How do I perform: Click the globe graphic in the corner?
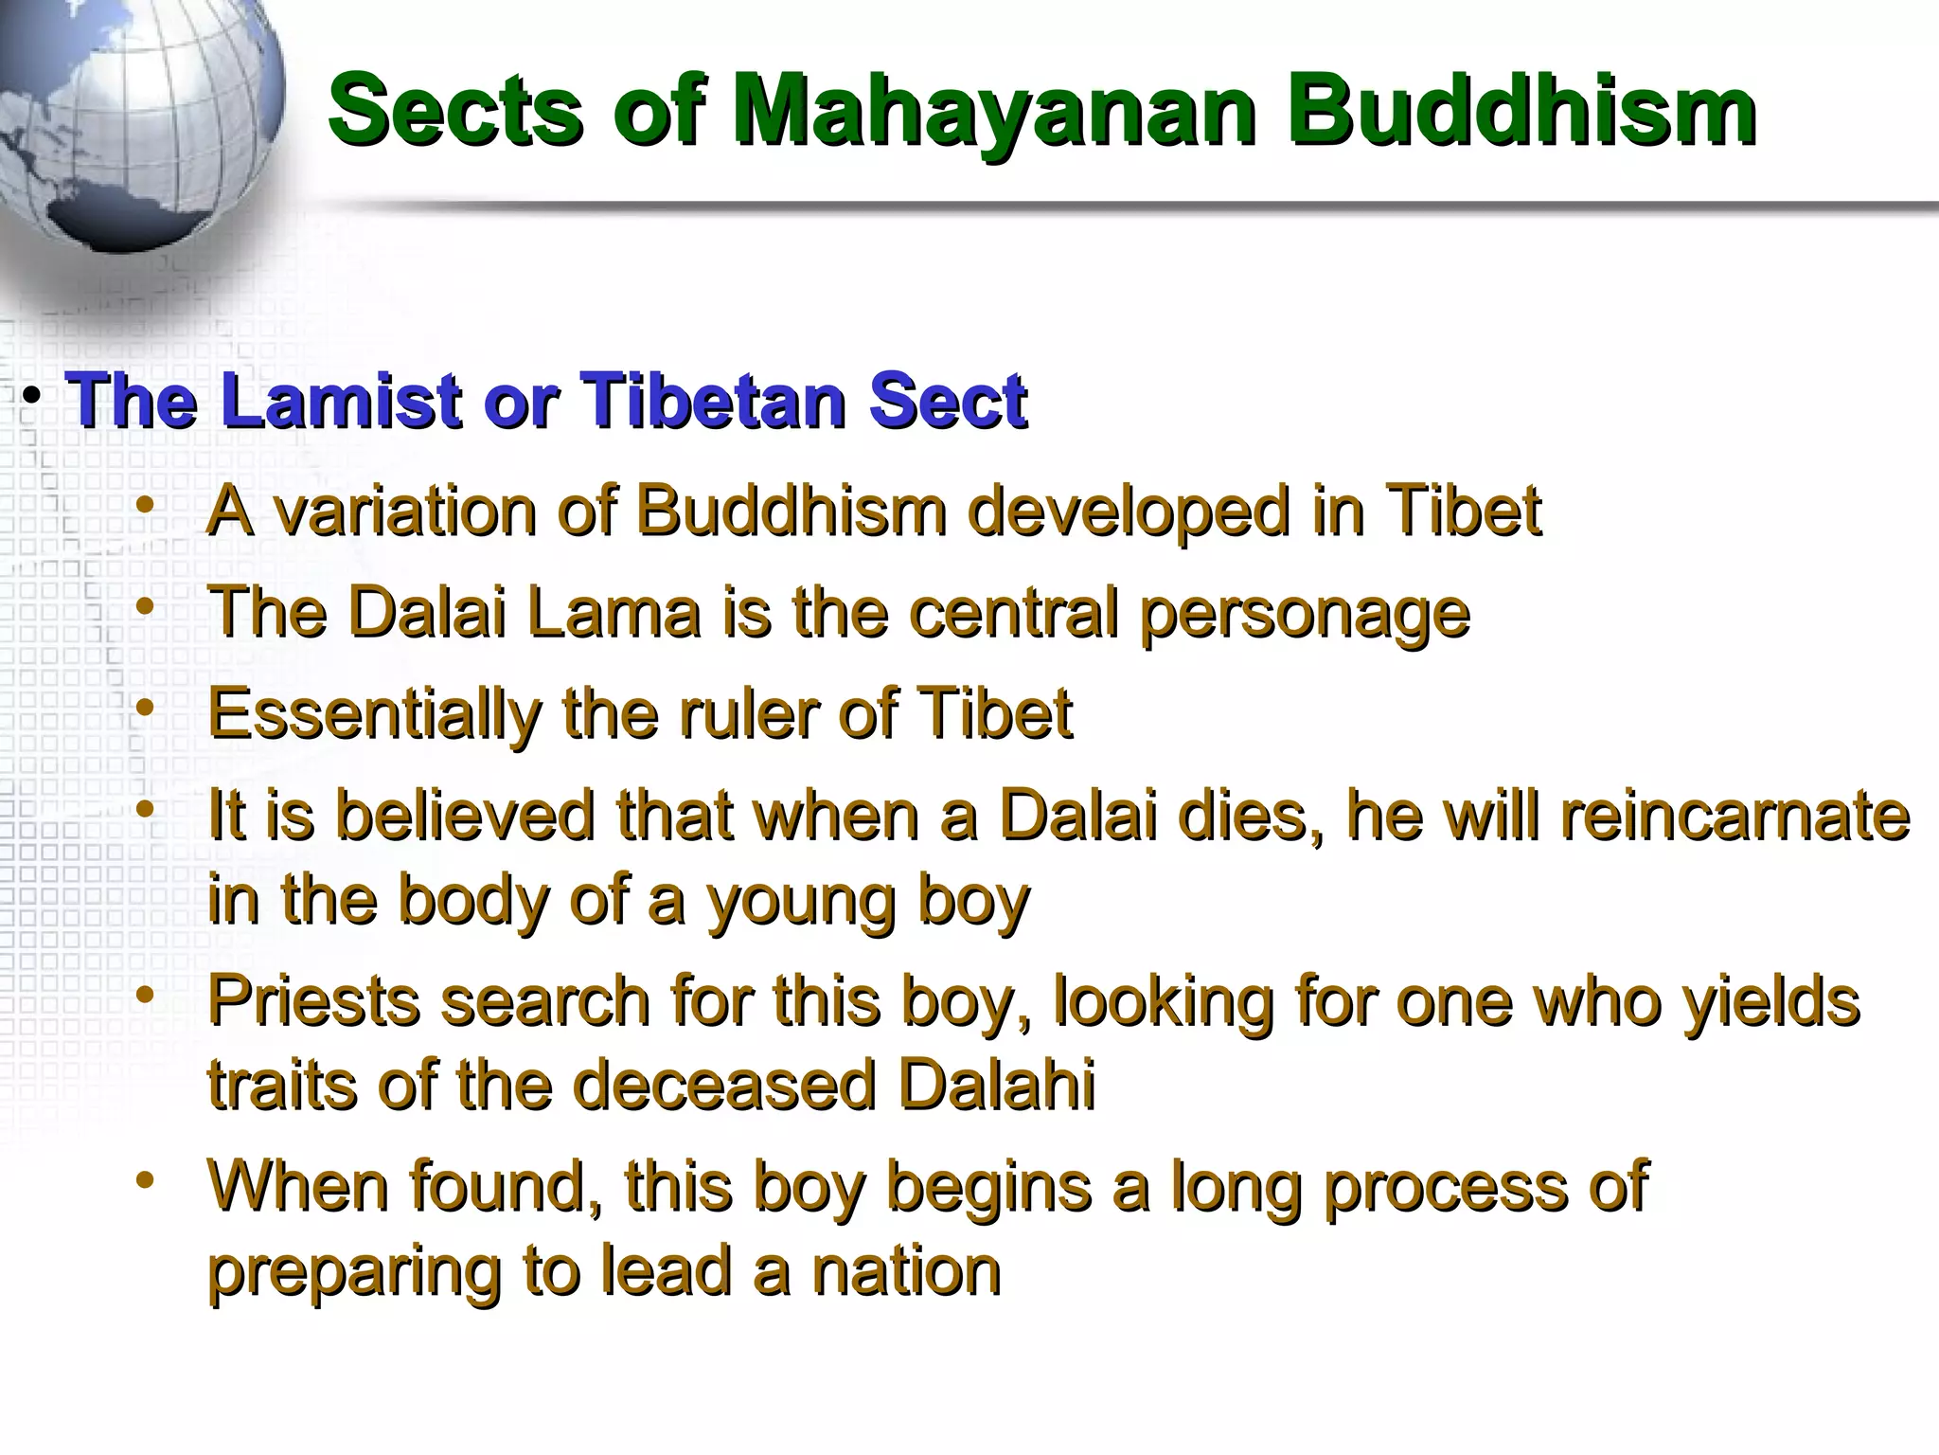133,114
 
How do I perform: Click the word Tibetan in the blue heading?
716,402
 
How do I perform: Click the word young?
801,902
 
